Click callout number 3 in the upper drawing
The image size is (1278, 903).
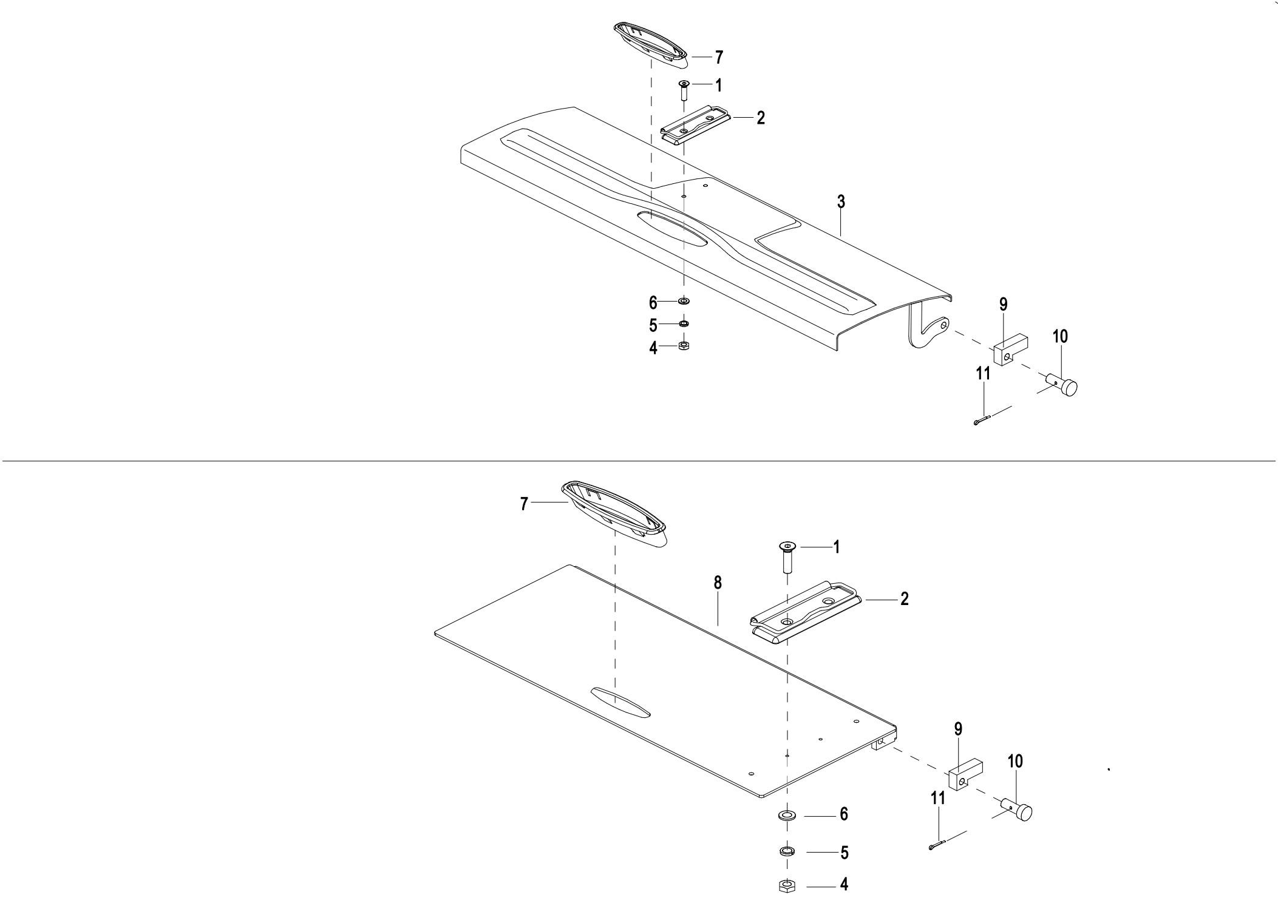(841, 202)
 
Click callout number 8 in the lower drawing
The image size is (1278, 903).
(718, 583)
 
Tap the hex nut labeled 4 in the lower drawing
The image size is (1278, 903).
(787, 885)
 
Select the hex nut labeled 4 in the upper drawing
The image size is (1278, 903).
(683, 346)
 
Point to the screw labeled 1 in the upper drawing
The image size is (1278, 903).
(684, 90)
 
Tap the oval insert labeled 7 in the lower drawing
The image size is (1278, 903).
(613, 511)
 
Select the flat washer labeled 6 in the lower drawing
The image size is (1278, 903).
(787, 814)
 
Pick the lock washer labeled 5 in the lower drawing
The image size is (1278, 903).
(787, 851)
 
